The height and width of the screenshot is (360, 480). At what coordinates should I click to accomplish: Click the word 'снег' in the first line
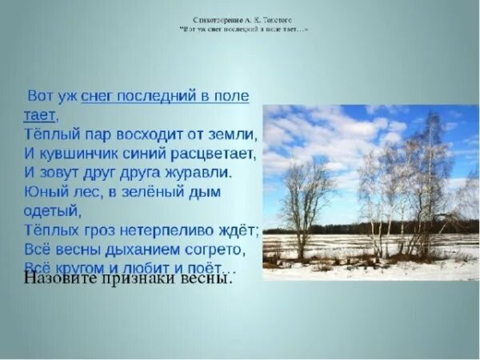[x=97, y=97]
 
